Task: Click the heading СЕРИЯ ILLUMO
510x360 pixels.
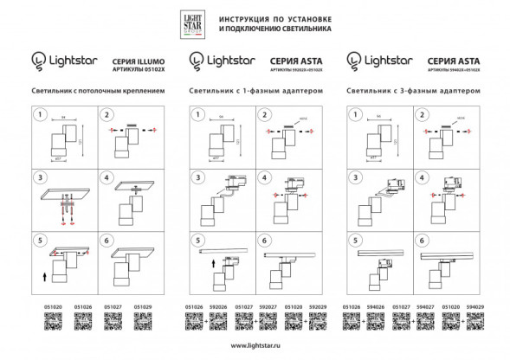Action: point(137,57)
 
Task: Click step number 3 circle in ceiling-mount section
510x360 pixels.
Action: point(39,177)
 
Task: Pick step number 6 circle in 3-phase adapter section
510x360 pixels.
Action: point(422,241)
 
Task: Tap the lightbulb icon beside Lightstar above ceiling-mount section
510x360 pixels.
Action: point(37,60)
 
